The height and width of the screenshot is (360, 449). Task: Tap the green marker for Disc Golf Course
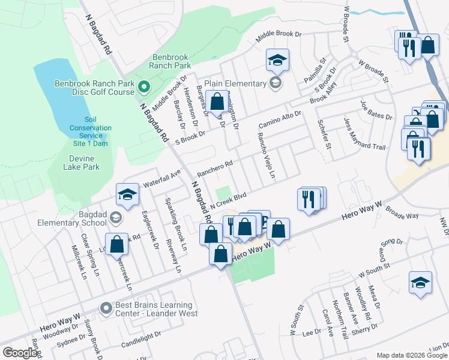[144, 88]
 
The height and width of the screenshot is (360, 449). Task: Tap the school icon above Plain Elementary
[278, 61]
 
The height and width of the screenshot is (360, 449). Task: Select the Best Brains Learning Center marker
[106, 308]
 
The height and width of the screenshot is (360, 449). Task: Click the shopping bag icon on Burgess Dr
[217, 101]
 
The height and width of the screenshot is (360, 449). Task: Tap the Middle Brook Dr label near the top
[278, 34]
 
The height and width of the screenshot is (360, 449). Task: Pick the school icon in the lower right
[420, 283]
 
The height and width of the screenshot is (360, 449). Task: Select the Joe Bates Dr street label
[376, 109]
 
